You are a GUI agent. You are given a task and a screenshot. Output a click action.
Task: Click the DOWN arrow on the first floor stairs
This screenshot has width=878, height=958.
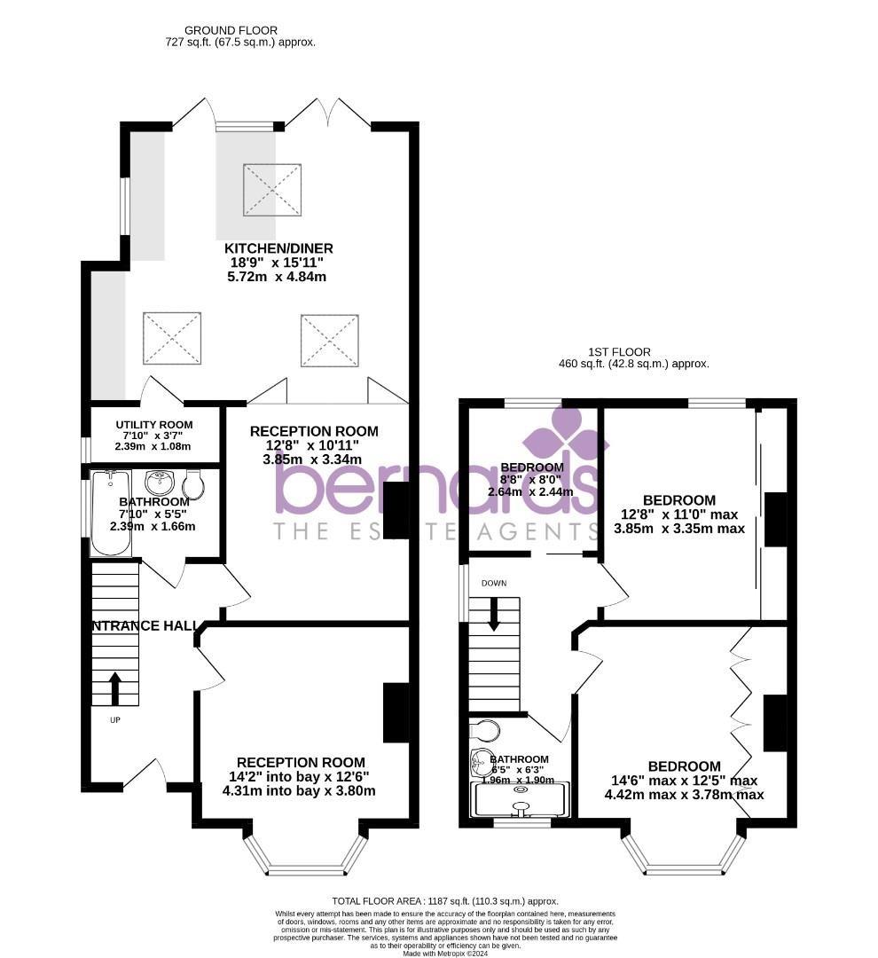[493, 613]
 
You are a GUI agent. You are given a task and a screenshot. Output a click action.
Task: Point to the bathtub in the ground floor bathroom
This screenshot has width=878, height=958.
[111, 514]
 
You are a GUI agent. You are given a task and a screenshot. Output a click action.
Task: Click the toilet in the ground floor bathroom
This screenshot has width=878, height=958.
[193, 485]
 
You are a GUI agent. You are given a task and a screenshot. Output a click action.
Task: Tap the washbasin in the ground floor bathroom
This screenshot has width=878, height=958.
[161, 483]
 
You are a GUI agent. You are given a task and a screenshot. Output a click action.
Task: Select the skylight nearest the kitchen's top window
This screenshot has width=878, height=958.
[271, 189]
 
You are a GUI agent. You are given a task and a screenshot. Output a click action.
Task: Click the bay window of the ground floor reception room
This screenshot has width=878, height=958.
[304, 856]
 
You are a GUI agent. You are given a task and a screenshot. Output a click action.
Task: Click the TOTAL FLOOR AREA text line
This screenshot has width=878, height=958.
[444, 900]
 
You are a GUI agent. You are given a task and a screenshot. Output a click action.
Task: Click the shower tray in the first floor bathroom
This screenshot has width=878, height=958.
[520, 800]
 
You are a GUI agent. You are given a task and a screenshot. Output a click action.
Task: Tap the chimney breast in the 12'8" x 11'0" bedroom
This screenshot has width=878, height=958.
[775, 519]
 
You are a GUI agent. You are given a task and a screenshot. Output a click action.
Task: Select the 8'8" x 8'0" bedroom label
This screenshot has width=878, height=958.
[531, 467]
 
